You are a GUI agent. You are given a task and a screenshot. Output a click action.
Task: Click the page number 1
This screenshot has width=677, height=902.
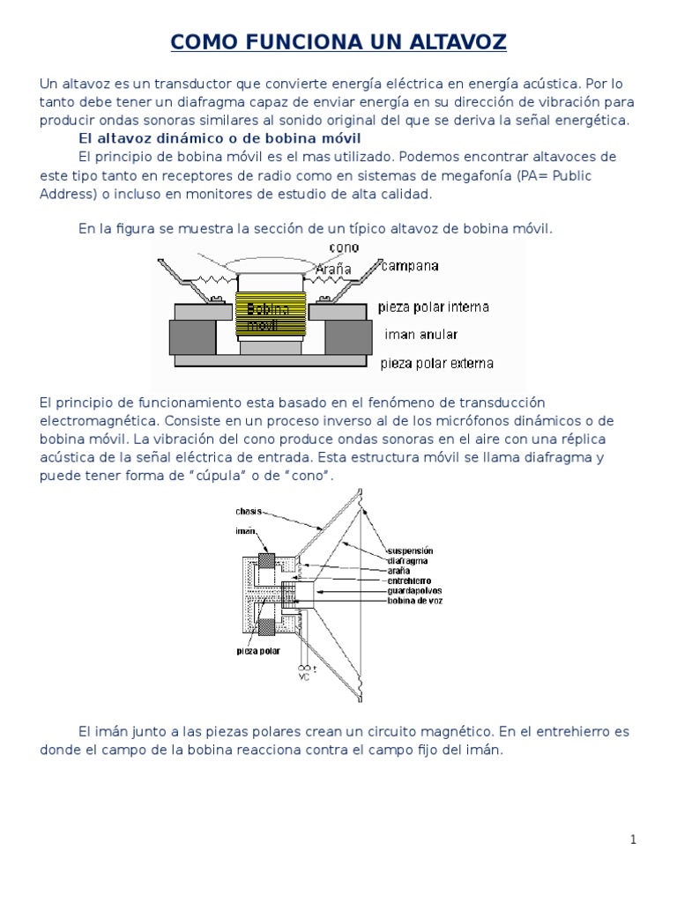(633, 839)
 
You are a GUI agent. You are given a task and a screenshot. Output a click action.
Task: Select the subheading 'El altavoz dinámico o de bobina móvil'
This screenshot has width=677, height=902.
(219, 139)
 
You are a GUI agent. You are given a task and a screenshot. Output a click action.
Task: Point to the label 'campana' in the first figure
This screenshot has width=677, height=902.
(409, 265)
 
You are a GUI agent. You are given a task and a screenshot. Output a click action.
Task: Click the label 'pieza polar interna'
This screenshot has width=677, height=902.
(433, 307)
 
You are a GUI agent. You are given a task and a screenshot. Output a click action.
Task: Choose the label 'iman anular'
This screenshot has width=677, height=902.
(422, 335)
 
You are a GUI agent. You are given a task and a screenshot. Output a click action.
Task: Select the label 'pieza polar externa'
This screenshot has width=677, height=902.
(436, 363)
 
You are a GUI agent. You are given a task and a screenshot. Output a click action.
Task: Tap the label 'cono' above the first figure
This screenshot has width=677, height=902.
(344, 248)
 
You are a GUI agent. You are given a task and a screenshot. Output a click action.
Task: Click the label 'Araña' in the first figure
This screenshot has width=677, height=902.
(332, 268)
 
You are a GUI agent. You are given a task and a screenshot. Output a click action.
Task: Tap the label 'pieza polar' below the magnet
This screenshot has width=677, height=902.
(257, 652)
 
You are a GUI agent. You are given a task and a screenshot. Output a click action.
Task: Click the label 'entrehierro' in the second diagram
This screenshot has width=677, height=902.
(408, 580)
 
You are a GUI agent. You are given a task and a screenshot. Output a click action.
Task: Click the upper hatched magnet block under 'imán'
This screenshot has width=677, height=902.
(264, 565)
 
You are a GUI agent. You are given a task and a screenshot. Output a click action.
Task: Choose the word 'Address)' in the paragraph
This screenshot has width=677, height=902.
(64, 194)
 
